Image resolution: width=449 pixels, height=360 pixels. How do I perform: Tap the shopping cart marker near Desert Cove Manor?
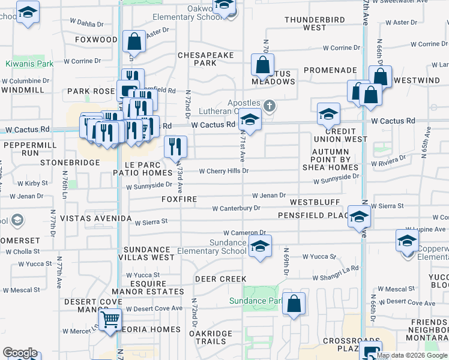tap(110, 319)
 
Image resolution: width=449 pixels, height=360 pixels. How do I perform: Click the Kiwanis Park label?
tap(29, 64)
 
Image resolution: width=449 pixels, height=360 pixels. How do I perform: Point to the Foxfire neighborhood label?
tap(179, 199)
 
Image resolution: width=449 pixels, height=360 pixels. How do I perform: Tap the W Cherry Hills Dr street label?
tap(223, 171)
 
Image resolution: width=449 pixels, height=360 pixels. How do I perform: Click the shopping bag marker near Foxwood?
tap(134, 41)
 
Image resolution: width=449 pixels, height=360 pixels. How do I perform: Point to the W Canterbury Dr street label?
tap(236, 208)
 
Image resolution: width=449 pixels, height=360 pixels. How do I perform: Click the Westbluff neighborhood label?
tap(315, 203)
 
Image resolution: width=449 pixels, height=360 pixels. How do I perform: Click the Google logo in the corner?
tap(20, 353)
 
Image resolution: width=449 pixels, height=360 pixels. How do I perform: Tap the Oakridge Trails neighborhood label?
tap(207, 337)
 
